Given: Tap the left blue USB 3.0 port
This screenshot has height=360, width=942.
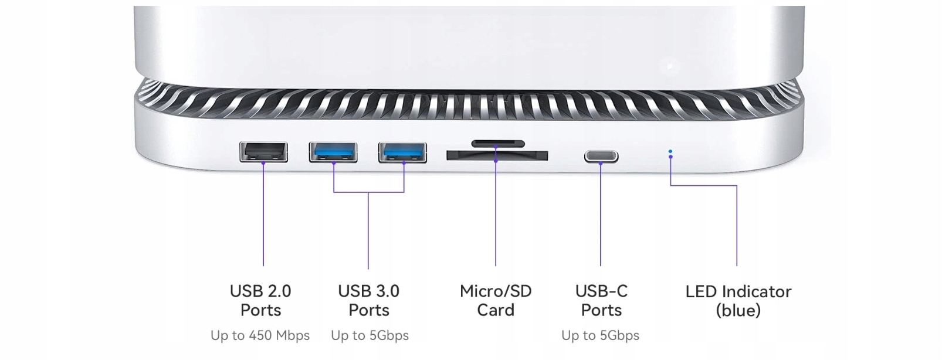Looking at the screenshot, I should pyautogui.click(x=333, y=152).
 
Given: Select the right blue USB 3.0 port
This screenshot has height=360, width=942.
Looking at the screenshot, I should pyautogui.click(x=402, y=152).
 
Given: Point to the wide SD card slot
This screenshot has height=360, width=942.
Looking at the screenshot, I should pyautogui.click(x=497, y=155).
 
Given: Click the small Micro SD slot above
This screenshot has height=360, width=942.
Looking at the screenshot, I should pyautogui.click(x=498, y=143).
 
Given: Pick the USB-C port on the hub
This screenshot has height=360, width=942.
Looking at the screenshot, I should pyautogui.click(x=601, y=157).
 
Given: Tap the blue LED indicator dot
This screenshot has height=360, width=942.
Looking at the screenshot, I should pyautogui.click(x=670, y=152).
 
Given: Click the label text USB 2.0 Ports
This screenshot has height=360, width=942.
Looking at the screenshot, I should pyautogui.click(x=260, y=300).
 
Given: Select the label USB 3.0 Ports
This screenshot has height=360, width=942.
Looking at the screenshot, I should pyautogui.click(x=369, y=300).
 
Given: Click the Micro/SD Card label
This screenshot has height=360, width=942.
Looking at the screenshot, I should pyautogui.click(x=496, y=300).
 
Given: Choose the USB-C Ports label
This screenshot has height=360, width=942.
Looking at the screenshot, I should pyautogui.click(x=601, y=300).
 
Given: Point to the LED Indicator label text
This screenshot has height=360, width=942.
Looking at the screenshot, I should pyautogui.click(x=738, y=291).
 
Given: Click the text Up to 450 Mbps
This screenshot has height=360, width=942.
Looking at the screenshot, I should pyautogui.click(x=260, y=335).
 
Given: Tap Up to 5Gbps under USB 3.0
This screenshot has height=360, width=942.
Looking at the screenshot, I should pyautogui.click(x=370, y=335).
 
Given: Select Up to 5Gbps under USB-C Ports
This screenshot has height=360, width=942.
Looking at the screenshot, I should pyautogui.click(x=600, y=335).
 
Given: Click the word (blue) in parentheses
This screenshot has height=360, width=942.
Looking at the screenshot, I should pyautogui.click(x=738, y=310).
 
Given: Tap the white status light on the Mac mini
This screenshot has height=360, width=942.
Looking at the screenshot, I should pyautogui.click(x=670, y=66).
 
